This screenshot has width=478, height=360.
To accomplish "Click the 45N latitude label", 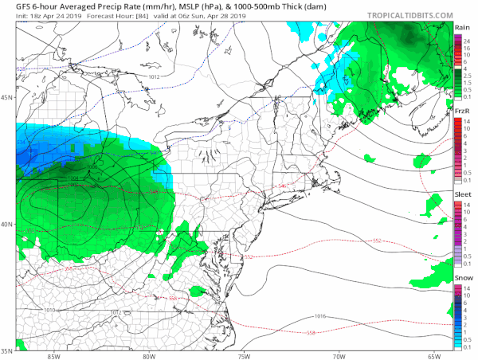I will [7, 98].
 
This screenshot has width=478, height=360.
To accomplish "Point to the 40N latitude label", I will [7, 224].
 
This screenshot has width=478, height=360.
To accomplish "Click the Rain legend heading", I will [462, 27].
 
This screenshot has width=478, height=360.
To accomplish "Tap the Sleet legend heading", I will [462, 194].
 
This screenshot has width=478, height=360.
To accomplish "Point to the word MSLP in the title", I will [179, 6].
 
